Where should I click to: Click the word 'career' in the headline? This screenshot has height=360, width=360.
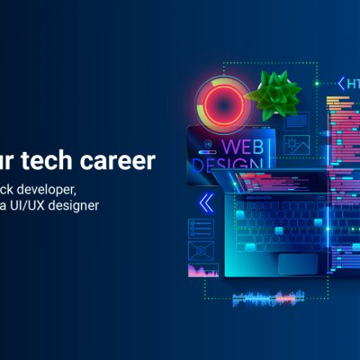(x=122, y=161)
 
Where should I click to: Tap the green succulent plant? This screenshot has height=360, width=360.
(x=274, y=91)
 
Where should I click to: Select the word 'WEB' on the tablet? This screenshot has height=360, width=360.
(x=242, y=147)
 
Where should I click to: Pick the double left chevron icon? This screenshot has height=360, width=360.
(x=206, y=202)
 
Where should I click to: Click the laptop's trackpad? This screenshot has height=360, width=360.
(x=296, y=262)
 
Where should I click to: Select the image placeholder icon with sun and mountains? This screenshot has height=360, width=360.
(x=296, y=143)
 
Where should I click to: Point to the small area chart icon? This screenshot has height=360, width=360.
(x=203, y=269)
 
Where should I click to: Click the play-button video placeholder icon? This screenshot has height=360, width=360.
(x=203, y=249)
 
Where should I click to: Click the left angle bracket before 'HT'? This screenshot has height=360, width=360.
(x=339, y=84)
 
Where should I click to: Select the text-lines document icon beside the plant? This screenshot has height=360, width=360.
(x=301, y=120)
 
